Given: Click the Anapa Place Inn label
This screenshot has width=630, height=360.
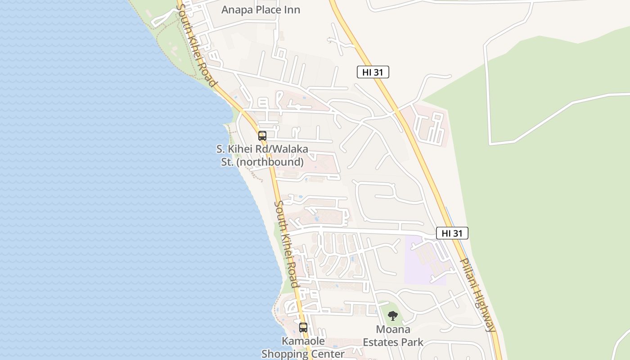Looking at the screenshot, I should coord(261,10).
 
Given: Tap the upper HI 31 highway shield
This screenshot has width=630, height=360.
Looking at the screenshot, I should coord(373,72).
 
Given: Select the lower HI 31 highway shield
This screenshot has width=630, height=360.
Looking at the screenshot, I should coord(452,233).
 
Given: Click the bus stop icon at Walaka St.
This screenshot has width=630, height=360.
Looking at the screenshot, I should coord(262,135).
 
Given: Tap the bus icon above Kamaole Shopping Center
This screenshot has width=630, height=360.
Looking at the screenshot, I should coord(303,328).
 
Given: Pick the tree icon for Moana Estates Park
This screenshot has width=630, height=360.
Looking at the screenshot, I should coord(393,316).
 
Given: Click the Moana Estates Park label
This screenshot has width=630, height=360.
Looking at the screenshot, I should coord(393,336).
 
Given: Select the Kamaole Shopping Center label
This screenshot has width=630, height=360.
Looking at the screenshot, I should coord(303,347).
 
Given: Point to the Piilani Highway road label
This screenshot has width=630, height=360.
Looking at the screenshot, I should coord(478,295).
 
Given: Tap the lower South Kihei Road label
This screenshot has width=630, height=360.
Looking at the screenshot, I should coord(286,244).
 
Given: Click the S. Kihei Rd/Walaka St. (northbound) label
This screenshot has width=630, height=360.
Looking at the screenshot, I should coord(262,155).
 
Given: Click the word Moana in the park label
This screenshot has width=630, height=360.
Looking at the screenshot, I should coord(393,329).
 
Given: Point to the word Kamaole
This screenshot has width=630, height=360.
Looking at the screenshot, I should coord(303,341).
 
